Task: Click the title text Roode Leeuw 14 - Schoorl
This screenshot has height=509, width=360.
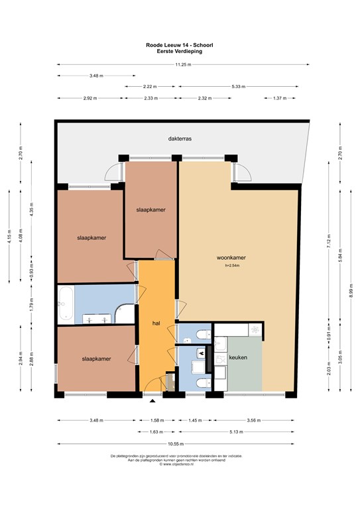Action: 180,45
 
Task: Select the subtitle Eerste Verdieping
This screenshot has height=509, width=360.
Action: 180,50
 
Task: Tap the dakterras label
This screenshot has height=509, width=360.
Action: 180,139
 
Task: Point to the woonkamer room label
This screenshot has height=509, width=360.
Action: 231,257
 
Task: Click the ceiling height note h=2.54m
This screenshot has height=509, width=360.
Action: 232,266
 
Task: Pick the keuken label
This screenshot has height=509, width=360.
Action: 238,357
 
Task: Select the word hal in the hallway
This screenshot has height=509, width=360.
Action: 156,323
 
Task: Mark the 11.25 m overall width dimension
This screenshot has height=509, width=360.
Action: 183,64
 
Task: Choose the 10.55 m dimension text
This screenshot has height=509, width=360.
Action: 176,444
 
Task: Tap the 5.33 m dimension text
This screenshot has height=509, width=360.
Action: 242,87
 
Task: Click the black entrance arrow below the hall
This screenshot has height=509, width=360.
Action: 153,400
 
